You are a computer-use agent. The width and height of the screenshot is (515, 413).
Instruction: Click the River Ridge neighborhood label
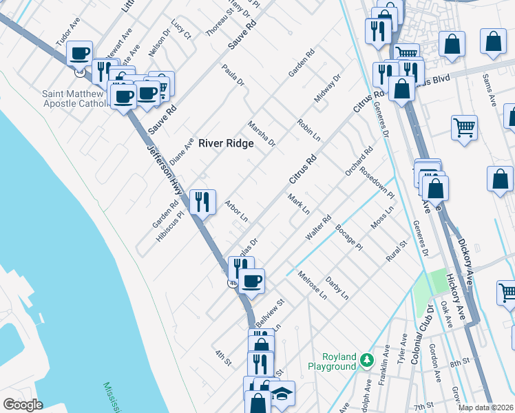click(x=226, y=143)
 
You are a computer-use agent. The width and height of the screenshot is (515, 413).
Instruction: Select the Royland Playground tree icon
click(x=368, y=360)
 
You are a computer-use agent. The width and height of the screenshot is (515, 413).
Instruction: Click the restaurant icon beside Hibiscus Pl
click(x=202, y=202)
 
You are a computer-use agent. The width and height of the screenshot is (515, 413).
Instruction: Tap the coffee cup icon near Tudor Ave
click(x=80, y=53)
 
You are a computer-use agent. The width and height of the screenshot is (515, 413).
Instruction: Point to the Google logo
click(x=23, y=405)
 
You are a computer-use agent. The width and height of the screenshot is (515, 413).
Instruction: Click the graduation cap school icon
click(x=281, y=393)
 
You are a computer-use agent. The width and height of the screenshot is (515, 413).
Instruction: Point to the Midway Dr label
click(x=327, y=89)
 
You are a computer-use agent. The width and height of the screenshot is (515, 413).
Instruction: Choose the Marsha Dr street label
click(x=262, y=132)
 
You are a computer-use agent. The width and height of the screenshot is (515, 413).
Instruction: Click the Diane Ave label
click(x=182, y=146)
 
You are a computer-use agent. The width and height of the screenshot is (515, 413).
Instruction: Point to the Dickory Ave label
click(x=465, y=248)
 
